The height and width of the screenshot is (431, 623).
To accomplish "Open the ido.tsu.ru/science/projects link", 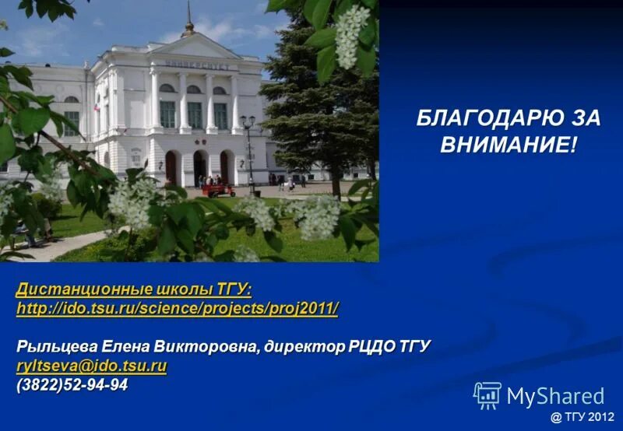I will point(178,309).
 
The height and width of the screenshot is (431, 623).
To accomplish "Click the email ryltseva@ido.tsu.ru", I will point(92,366).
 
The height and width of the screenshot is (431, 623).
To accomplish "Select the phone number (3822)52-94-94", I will point(72,384).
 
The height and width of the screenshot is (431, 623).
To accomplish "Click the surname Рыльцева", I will point(54,345).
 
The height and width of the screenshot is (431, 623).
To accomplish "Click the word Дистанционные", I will point(72,289).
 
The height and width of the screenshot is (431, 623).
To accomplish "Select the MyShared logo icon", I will point(487,396).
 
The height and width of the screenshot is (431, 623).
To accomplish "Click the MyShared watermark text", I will point(555,397).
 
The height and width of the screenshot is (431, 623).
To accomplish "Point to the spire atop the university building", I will point(188,19).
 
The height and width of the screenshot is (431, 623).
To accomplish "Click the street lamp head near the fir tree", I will point(248,121).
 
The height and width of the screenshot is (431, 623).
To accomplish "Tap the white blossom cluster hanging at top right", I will point(351,35).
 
